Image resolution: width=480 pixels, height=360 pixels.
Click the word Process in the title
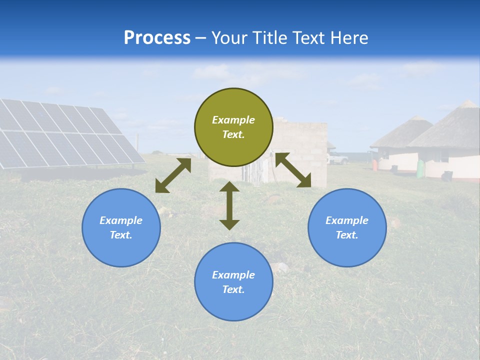[x=157, y=38]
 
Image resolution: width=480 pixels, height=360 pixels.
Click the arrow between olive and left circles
[x=173, y=175]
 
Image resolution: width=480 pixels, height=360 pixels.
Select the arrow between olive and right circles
[x=293, y=170]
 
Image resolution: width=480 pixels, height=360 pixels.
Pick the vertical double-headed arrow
[x=229, y=205]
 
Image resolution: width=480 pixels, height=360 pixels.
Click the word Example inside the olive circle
[x=233, y=120]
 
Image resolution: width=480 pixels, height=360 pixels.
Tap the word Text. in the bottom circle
[x=233, y=289]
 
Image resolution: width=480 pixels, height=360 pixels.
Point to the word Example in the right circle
[x=347, y=220]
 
